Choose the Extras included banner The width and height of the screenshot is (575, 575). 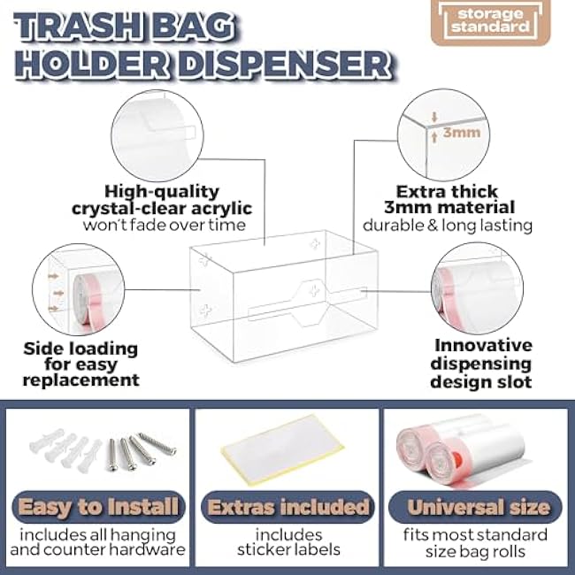(x=287, y=508)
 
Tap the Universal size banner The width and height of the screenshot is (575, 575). (x=478, y=508)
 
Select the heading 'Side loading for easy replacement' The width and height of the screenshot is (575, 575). (x=80, y=362)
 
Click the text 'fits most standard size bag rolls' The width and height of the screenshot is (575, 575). (x=478, y=542)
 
